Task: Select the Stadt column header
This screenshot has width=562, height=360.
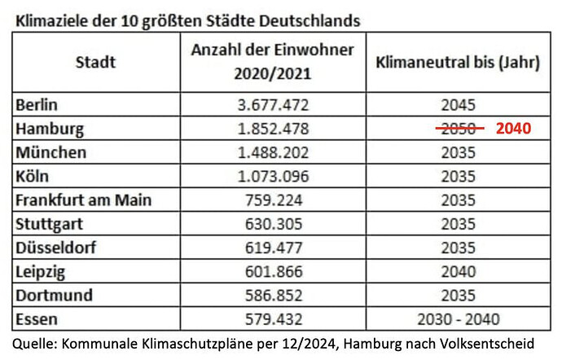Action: click(x=95, y=62)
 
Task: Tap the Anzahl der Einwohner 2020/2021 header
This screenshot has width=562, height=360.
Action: click(x=272, y=62)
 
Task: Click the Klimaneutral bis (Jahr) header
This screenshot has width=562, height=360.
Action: click(x=459, y=62)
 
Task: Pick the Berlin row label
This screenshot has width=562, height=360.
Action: click(x=38, y=104)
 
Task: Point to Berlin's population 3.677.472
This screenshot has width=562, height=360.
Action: click(x=272, y=104)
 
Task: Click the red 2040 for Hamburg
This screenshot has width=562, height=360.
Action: click(x=514, y=129)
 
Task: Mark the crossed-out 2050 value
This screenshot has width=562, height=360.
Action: click(x=459, y=129)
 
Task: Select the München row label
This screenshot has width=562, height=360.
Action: click(x=50, y=152)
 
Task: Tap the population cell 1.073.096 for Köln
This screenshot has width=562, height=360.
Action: click(x=272, y=176)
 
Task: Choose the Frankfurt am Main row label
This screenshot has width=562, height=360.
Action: click(x=84, y=200)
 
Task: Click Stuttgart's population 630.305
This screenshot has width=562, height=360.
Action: click(x=272, y=223)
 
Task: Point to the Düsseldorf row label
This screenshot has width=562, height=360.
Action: click(x=55, y=247)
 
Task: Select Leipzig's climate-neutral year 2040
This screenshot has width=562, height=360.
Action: click(x=459, y=270)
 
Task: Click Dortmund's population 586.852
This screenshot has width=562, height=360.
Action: click(x=272, y=294)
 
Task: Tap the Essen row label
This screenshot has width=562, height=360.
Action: click(x=36, y=318)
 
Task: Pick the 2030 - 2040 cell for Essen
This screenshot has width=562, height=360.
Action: click(x=459, y=318)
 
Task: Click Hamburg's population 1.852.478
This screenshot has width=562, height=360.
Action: click(x=272, y=129)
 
